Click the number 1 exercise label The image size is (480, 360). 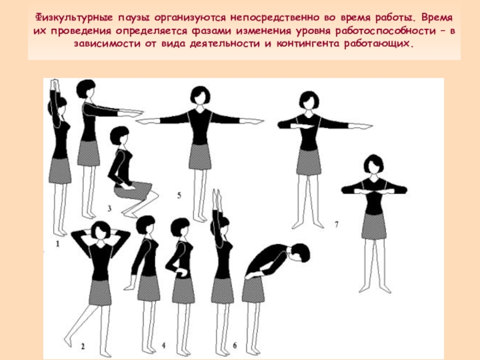point(58,244)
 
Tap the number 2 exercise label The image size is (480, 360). point(83,346)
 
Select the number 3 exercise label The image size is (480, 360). point(109,209)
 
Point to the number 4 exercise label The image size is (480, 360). point(163,346)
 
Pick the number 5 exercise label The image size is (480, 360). point(179,196)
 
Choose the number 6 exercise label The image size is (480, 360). point(235,346)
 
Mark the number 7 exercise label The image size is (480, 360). point(337,224)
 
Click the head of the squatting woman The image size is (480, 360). point(119,135)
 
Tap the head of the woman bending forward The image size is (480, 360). point(299,253)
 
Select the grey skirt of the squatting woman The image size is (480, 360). point(133,190)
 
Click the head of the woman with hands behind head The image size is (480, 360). point(101,230)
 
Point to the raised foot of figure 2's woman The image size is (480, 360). point(68,340)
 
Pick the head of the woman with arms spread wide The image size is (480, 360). point(200,95)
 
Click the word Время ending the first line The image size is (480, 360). point(437,18)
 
